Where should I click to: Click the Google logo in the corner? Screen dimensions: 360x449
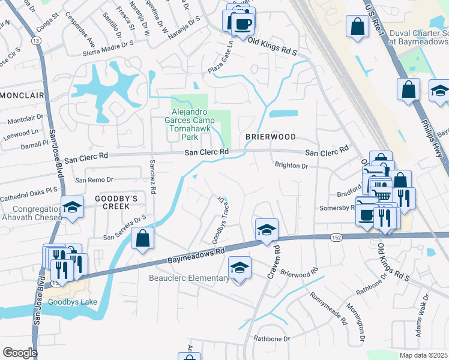pyautogui.click(x=20, y=353)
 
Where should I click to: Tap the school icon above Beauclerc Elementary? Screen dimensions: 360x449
pyautogui.click(x=240, y=267)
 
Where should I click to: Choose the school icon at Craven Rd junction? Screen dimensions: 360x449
pyautogui.click(x=267, y=229)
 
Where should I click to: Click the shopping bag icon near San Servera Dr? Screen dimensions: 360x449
pyautogui.click(x=142, y=238)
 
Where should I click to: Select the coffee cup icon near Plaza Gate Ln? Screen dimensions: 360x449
pyautogui.click(x=243, y=24)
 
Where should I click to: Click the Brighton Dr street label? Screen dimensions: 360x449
pyautogui.click(x=291, y=165)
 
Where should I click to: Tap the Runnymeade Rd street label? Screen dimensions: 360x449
pyautogui.click(x=328, y=308)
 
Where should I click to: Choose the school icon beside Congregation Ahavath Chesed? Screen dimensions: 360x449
pyautogui.click(x=72, y=207)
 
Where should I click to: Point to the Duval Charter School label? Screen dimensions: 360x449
pyautogui.click(x=418, y=37)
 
